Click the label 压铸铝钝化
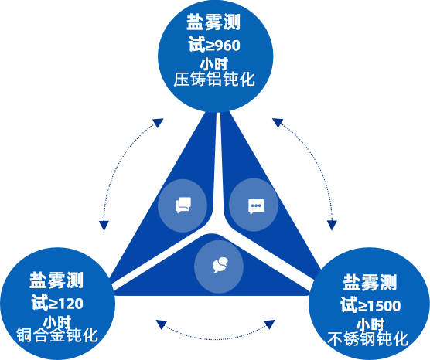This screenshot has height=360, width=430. coord(215,80)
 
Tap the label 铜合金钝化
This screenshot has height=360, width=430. coord(57,336)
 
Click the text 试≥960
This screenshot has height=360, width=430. coord(215,44)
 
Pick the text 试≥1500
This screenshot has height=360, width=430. coord(370,304)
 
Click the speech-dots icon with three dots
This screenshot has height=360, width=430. coord(255,206)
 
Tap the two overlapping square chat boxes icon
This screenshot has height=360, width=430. coord(183,205)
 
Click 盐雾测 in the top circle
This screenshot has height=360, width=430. coord(215,19)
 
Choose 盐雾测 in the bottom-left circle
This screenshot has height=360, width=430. coord(56,279)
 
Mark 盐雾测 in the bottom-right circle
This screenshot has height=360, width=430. coord(370,281)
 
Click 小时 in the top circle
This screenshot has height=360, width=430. coord(215,63)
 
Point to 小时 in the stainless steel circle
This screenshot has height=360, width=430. coord(370,323)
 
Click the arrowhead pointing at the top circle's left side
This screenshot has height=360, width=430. coord(158,123)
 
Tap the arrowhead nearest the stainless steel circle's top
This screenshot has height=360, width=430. coord(333,226)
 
